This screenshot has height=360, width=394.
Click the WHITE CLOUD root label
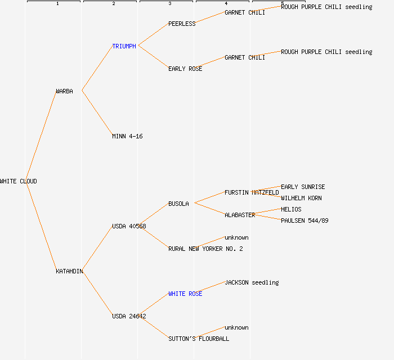point(19,181)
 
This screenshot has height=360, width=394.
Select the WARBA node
point(64,91)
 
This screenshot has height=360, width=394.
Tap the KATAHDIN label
point(69,271)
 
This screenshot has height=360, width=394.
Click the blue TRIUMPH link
point(124,46)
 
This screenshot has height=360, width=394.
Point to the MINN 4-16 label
point(127,136)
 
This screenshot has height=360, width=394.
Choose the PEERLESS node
point(182,24)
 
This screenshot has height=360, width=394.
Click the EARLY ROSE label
point(185,69)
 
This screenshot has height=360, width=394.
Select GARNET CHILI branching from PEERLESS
point(245,12)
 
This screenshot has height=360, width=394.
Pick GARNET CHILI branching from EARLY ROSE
point(245,57)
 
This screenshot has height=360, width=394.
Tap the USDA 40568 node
point(129,226)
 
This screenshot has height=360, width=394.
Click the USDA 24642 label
point(129,316)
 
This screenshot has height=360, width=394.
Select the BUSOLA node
point(178,204)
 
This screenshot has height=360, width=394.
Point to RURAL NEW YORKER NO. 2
point(205,249)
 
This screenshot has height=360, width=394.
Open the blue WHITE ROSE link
point(185,294)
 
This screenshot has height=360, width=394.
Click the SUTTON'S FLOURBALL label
point(199,339)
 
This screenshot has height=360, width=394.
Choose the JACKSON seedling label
point(252,282)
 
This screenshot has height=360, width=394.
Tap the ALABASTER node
point(240,215)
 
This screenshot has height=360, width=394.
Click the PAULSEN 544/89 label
point(305,220)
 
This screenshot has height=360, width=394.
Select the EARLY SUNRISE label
point(303,187)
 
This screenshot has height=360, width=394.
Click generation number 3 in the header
point(169,4)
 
